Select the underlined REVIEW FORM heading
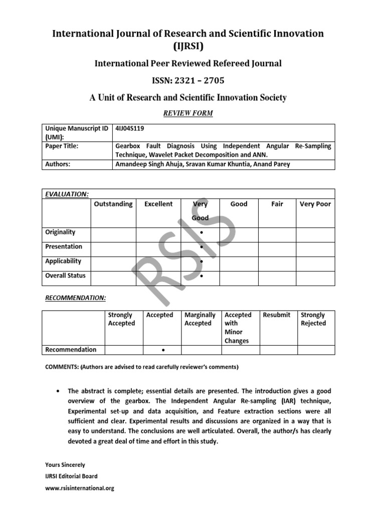[x=188, y=113]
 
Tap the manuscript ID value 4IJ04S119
[x=129, y=129]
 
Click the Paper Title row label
[x=62, y=146]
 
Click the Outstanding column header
[x=113, y=204]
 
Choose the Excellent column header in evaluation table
[x=158, y=204]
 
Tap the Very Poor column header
[x=315, y=204]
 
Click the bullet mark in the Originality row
[x=201, y=233]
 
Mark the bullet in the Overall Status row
[x=201, y=277]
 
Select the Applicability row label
[x=63, y=261]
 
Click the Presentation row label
[x=64, y=246]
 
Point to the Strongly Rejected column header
[x=313, y=319]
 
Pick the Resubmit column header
[x=277, y=315]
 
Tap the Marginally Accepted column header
[x=200, y=319]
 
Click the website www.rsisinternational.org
[x=80, y=488]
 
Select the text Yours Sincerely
[x=65, y=465]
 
